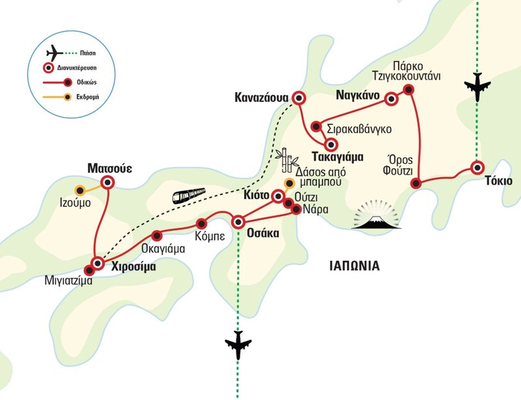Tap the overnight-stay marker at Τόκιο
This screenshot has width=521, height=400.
coord(477,168)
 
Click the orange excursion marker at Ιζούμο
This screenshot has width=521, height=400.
coord(80,191)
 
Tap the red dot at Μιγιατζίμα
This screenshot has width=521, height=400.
coord(90,271)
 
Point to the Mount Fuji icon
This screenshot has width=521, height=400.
coord(378,218)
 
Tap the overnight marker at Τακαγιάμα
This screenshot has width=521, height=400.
coord(331,145)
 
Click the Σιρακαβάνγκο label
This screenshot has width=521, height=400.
coord(359,128)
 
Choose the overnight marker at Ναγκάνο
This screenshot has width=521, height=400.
coord(391,99)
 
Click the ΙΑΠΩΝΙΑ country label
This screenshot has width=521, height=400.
coord(354,265)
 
